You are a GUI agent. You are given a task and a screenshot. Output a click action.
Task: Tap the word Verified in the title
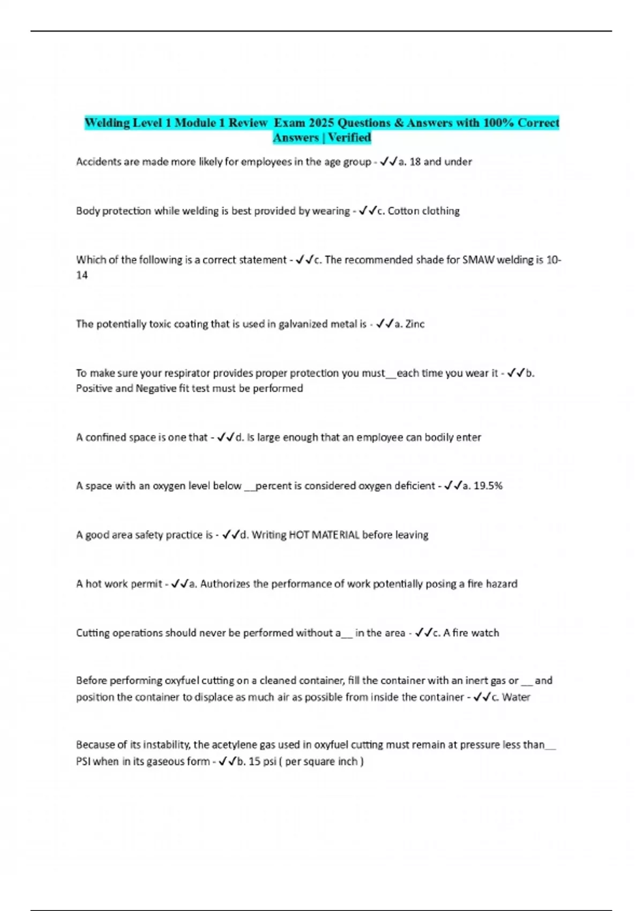click(x=349, y=138)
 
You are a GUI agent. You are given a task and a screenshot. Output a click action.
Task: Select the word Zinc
click(x=415, y=324)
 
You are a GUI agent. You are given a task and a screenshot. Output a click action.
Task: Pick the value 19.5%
click(x=488, y=486)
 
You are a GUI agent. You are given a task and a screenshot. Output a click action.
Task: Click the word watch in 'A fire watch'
click(x=485, y=633)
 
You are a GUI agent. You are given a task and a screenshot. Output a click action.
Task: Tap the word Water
click(x=516, y=697)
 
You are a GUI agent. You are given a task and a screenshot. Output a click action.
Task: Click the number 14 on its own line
click(x=81, y=275)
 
